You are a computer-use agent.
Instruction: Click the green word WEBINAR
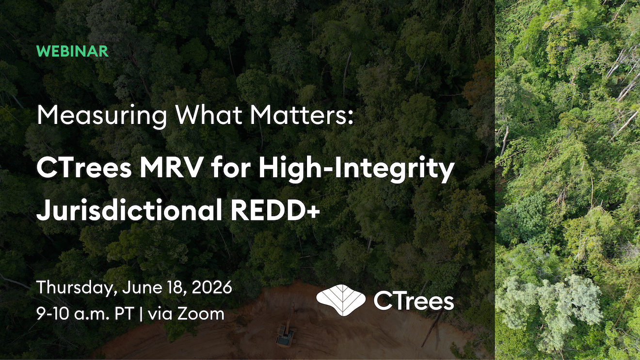73,51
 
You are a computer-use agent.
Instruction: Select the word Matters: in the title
302,115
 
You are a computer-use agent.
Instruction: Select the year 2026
212,287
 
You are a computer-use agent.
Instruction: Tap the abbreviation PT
124,314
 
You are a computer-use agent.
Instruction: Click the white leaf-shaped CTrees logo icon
341,300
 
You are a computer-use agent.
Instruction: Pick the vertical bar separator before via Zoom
141,314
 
